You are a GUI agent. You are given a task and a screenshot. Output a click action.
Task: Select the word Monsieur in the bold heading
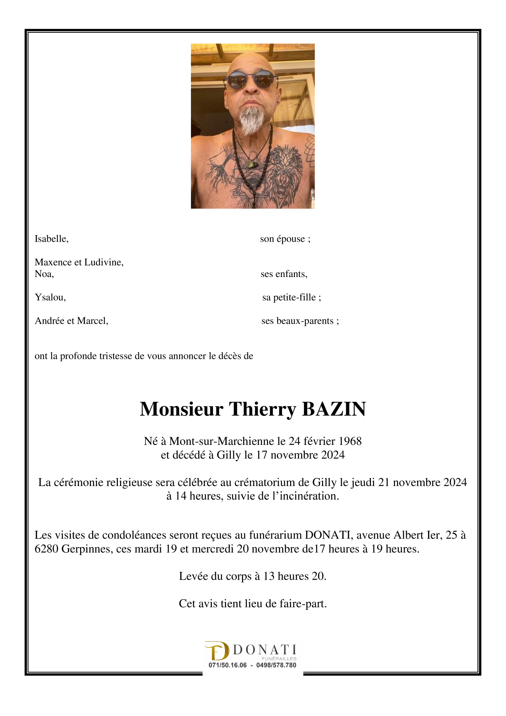pyautogui.click(x=181, y=409)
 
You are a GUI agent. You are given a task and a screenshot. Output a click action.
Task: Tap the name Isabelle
pyautogui.click(x=51, y=239)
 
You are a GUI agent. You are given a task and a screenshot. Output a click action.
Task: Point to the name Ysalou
pyautogui.click(x=50, y=297)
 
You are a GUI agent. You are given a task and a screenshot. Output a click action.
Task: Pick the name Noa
pyautogui.click(x=44, y=274)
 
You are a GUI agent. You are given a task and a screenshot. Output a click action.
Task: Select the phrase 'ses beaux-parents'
pyautogui.click(x=298, y=321)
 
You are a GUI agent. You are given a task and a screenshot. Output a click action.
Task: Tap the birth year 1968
pyautogui.click(x=350, y=441)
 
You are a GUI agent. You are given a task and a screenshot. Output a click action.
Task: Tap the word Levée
pyautogui.click(x=194, y=576)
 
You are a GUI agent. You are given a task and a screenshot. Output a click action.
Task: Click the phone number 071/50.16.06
pyautogui.click(x=228, y=665)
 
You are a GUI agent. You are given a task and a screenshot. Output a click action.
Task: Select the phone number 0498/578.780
pyautogui.click(x=276, y=665)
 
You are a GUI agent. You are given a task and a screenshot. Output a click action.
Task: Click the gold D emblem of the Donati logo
pyautogui.click(x=217, y=651)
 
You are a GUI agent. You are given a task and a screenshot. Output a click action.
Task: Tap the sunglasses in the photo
pyautogui.click(x=251, y=80)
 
